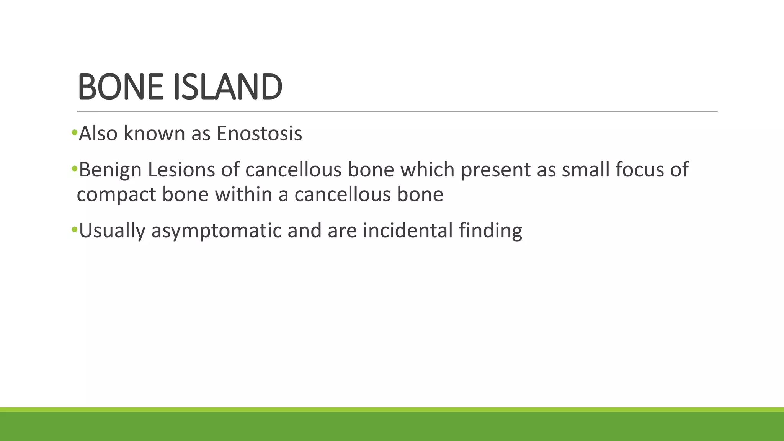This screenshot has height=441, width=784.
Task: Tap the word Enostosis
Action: [x=259, y=134]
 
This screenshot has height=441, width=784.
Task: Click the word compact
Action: [x=116, y=194]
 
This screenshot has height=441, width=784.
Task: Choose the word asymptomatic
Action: [x=216, y=230]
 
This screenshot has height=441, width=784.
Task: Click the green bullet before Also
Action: [x=74, y=133]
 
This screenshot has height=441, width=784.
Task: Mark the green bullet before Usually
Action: [x=74, y=229]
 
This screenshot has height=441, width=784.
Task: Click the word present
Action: [x=496, y=170]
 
